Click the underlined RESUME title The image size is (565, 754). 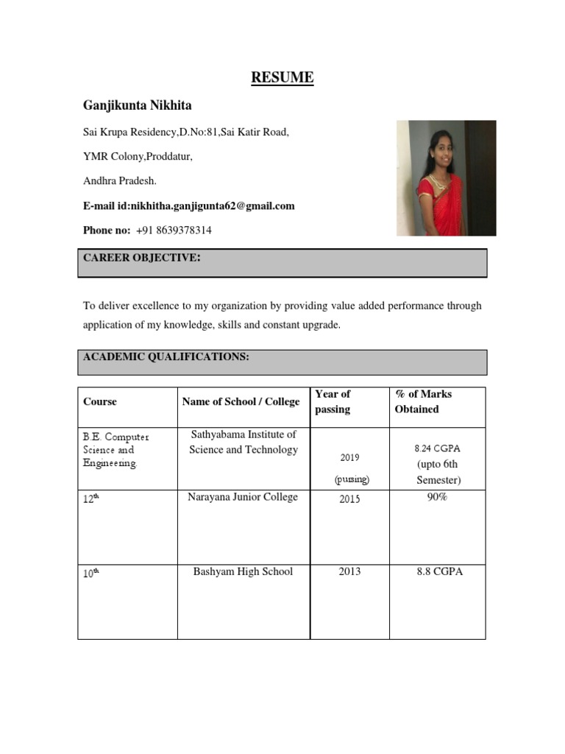click(282, 77)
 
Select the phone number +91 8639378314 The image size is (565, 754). click(174, 230)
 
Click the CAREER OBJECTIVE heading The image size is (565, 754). click(142, 257)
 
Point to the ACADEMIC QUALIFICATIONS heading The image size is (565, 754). click(166, 357)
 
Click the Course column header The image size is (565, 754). click(100, 402)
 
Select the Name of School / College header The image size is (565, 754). click(241, 402)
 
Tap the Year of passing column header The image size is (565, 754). click(333, 401)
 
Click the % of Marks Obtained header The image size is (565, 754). click(423, 401)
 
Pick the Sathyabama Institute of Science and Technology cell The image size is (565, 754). click(244, 443)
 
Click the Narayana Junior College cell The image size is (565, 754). click(244, 498)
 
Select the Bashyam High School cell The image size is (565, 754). click(244, 572)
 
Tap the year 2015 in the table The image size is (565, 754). click(349, 498)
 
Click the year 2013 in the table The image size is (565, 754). click(349, 572)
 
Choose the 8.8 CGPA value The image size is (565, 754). click(438, 572)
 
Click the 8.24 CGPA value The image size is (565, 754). click(438, 448)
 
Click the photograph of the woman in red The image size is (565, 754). click(446, 178)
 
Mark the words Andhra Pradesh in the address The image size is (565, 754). click(120, 181)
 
